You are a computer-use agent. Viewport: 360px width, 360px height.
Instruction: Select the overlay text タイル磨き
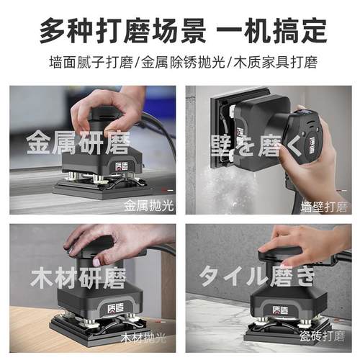pyautogui.click(x=257, y=276)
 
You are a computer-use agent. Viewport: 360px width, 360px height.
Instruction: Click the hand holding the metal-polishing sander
pyautogui.click(x=122, y=108)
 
